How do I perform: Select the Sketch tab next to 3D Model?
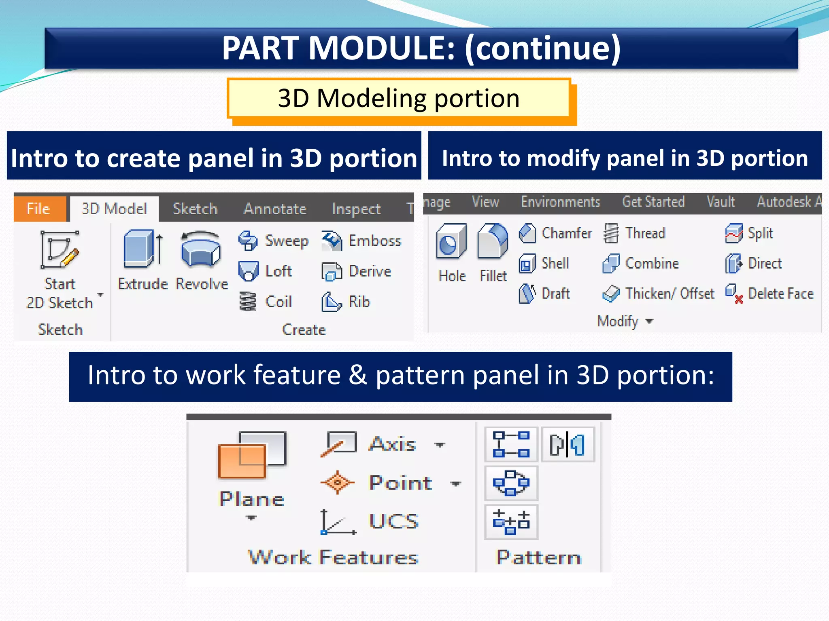click(x=195, y=209)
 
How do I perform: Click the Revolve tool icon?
click(x=201, y=249)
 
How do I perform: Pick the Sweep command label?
click(x=287, y=241)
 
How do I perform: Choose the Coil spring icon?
click(x=248, y=302)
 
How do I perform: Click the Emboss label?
click(x=375, y=241)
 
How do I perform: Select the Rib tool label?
click(x=359, y=302)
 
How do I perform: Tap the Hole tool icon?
click(x=451, y=242)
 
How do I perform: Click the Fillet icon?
click(x=493, y=242)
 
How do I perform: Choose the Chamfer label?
click(x=566, y=233)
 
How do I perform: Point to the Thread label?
click(x=645, y=233)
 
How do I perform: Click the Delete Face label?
click(x=780, y=294)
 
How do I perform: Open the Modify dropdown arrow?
click(x=650, y=321)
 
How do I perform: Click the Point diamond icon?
click(x=338, y=482)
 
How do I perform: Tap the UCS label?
click(x=393, y=521)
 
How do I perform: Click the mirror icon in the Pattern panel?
click(x=568, y=444)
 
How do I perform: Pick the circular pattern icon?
click(x=511, y=483)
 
